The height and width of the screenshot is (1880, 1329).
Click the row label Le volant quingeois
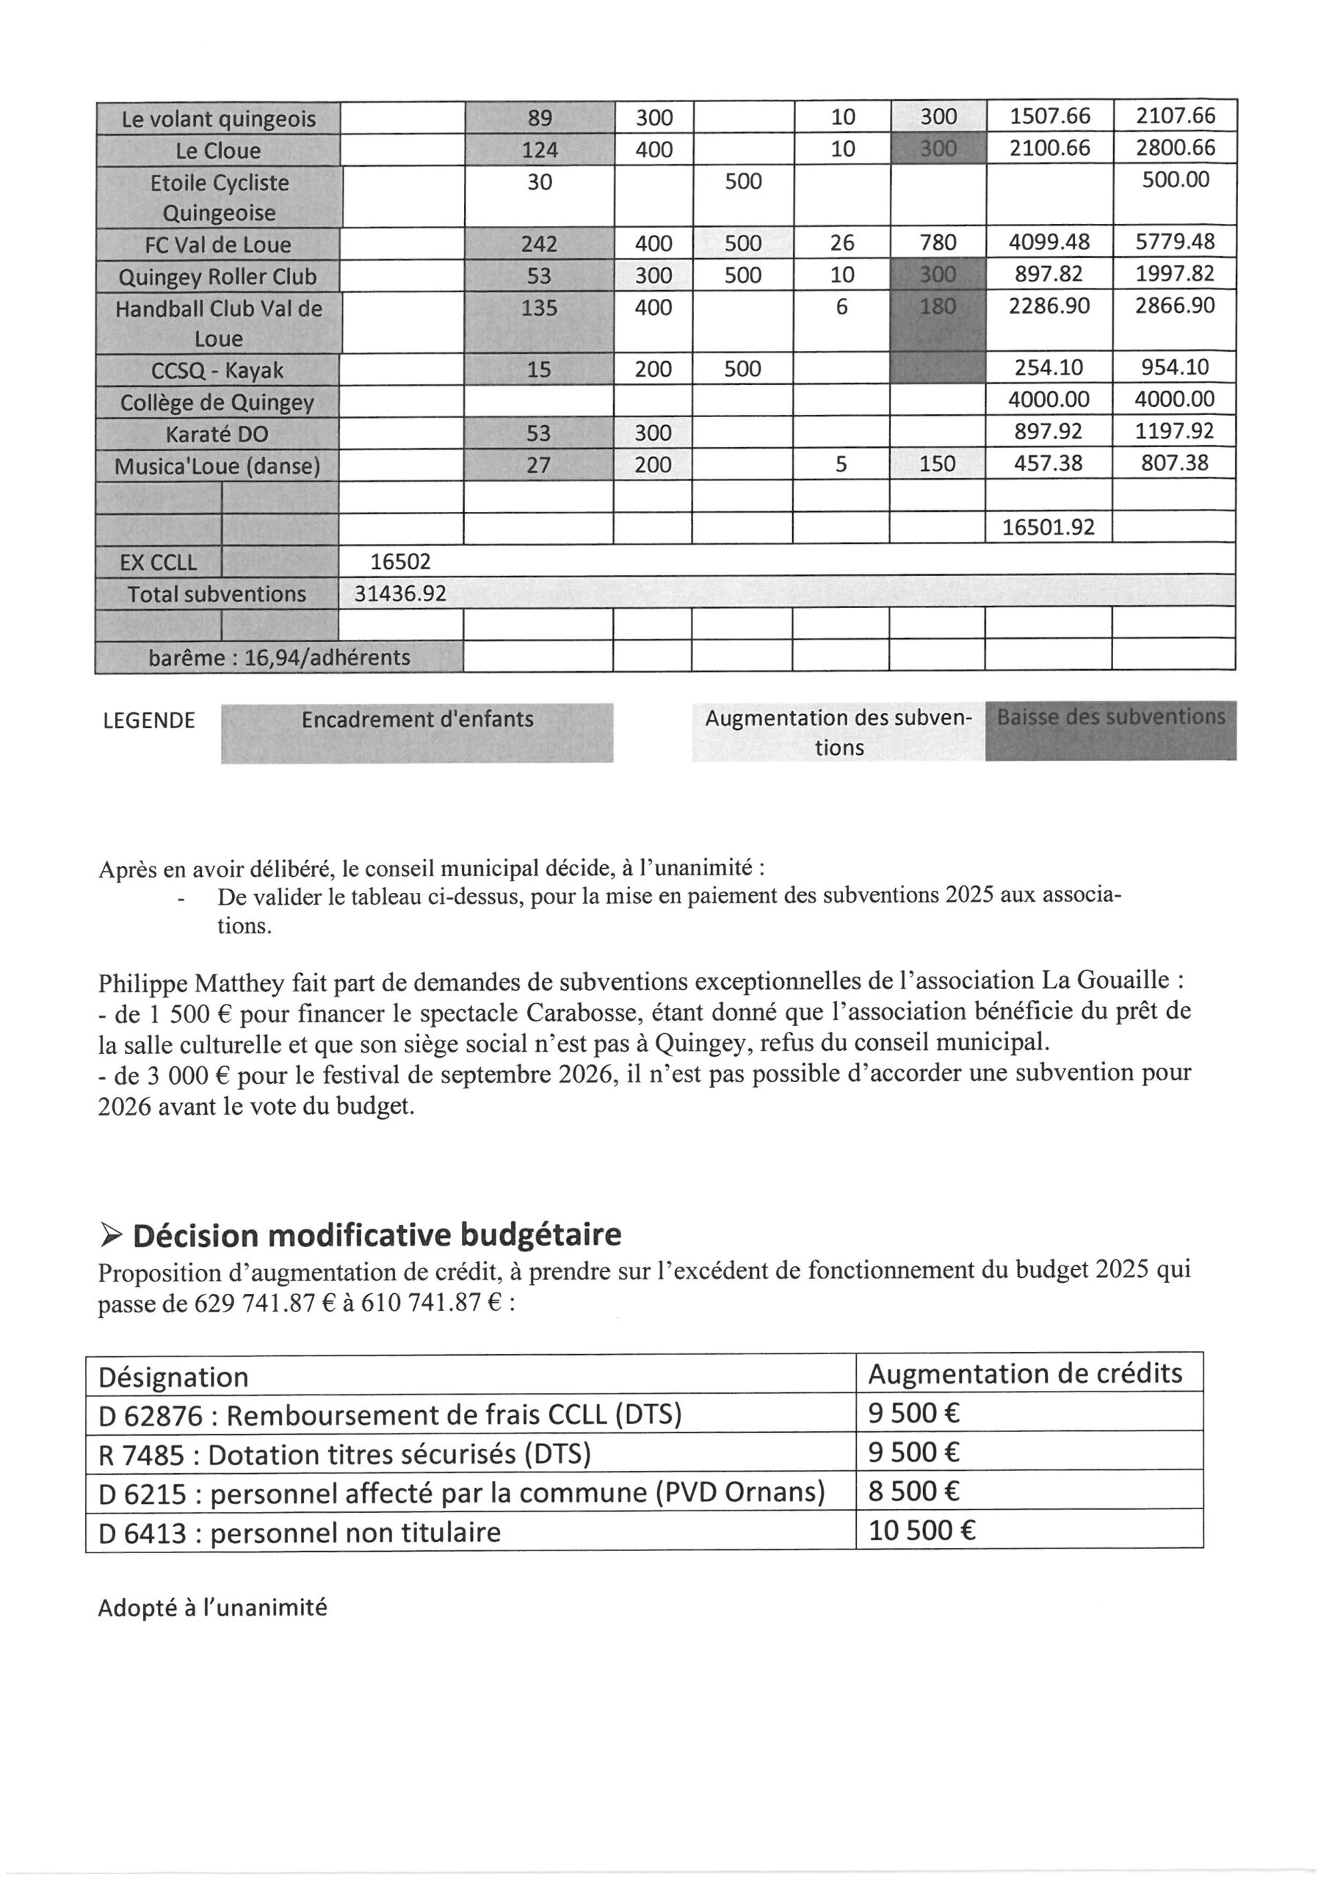tap(218, 120)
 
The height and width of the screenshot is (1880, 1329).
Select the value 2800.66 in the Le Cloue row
tap(1175, 148)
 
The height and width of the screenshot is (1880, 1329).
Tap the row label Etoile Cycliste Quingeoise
tap(219, 198)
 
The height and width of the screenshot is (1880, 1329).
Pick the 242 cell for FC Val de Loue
tap(539, 244)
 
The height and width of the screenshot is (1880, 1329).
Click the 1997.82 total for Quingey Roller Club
tap(1175, 273)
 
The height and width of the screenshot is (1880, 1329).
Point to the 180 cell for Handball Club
tap(938, 306)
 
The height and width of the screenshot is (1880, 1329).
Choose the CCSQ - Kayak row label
tap(217, 371)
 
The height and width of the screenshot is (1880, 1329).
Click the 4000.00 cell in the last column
tap(1175, 399)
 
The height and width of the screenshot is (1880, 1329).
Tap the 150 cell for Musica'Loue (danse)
tap(938, 464)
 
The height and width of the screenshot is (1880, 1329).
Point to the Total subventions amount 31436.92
tap(399, 593)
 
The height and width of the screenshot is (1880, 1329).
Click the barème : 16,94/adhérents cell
tap(279, 657)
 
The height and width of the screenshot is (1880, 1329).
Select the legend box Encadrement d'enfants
tap(417, 720)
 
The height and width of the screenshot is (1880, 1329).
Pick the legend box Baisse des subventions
tap(1110, 718)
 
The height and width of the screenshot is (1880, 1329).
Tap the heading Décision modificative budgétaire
tap(377, 1234)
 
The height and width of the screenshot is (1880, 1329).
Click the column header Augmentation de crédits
tap(1025, 1374)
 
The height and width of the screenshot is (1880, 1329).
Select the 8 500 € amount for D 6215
tap(914, 1491)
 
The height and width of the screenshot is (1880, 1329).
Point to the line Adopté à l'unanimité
tap(212, 1608)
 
